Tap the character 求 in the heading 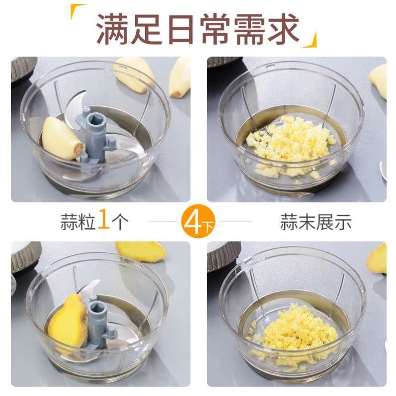click(283, 28)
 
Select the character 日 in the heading click(180, 29)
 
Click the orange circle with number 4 click(198, 221)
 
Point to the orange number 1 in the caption click(103, 219)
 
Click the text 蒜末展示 click(316, 222)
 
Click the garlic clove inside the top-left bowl click(62, 138)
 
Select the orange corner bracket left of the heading click(75, 10)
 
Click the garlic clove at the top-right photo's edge click(378, 80)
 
